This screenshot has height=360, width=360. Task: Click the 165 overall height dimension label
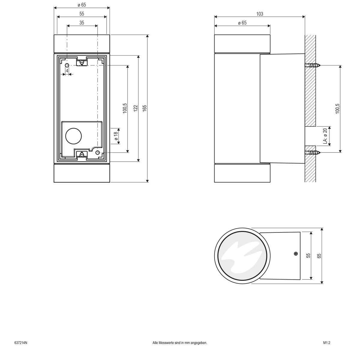point(144,108)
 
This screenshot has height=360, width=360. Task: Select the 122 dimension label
point(135,108)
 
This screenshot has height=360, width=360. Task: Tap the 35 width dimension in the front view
point(82,22)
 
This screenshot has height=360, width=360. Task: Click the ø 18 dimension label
point(115,136)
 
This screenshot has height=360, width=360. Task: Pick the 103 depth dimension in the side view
point(259,14)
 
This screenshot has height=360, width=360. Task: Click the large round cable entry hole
point(73,136)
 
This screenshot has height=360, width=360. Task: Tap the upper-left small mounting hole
point(67,65)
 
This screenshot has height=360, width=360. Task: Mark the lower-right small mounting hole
point(97,153)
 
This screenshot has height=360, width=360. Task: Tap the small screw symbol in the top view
point(296,254)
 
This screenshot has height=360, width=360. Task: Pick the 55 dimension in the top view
point(308,255)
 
